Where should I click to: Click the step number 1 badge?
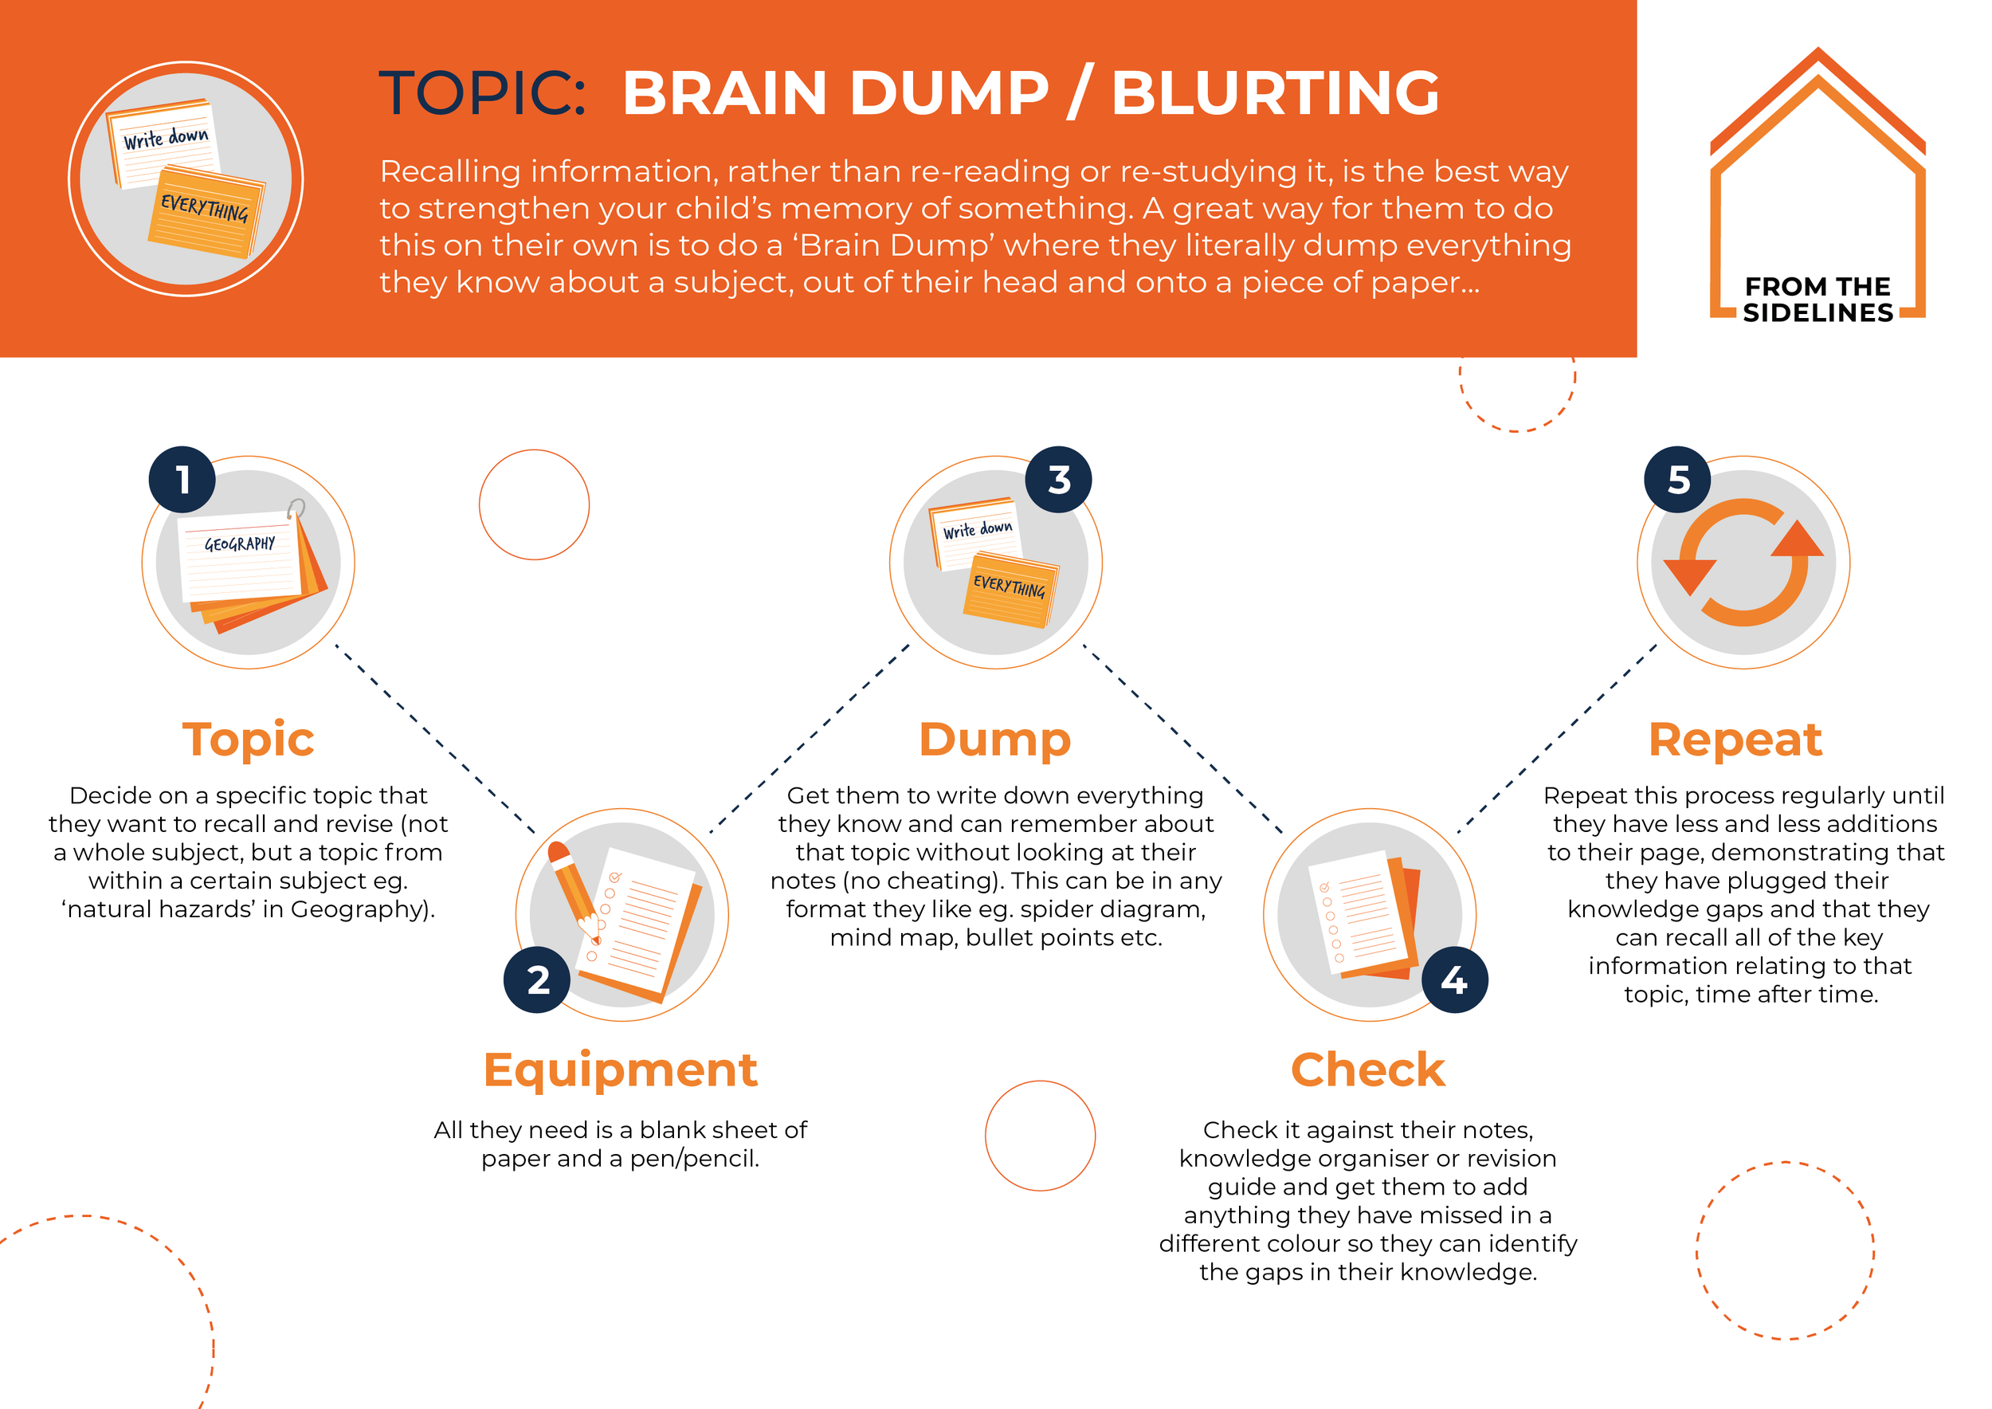coord(182,480)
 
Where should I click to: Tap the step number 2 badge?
coord(537,980)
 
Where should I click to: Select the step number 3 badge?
coord(1058,480)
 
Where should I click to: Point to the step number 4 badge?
coord(1455,980)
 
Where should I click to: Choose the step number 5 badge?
coord(1678,480)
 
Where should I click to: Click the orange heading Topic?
coord(248,740)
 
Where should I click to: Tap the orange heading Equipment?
coord(621,1070)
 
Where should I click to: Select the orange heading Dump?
coord(995,740)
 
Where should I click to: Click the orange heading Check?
coord(1368,1070)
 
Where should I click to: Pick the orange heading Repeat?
coord(1735,740)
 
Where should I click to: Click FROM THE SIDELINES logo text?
coord(1818,300)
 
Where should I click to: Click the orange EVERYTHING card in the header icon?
coord(205,213)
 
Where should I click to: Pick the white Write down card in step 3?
coord(976,532)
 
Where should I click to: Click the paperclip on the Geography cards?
coord(296,508)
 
